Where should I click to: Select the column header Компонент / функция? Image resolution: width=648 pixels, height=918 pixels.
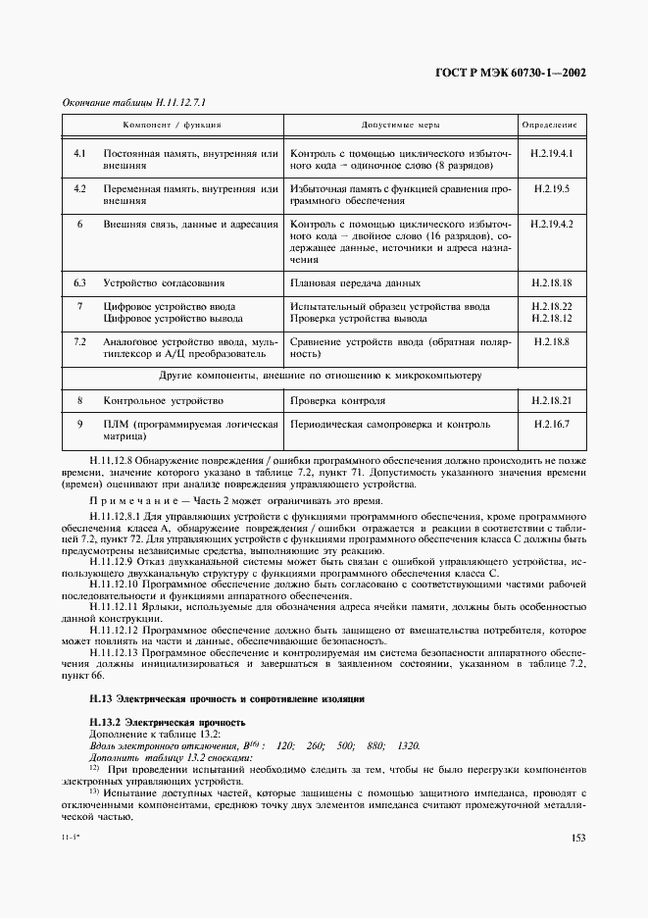pos(172,127)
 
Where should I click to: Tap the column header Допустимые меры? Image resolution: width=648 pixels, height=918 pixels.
pos(400,127)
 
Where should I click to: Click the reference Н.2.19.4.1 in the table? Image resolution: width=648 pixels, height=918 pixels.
pos(551,155)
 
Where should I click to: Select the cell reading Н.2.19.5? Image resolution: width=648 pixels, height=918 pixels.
pos(551,187)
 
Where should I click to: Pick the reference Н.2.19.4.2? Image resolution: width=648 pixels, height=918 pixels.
pos(551,225)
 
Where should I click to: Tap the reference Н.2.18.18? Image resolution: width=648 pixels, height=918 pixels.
pos(551,282)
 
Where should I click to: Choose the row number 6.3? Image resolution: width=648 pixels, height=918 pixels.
pos(81,282)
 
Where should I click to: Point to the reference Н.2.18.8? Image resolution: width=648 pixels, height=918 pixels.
pos(551,342)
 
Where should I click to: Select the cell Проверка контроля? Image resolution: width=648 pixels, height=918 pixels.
pos(338,400)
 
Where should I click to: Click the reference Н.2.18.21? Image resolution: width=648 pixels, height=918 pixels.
pos(551,400)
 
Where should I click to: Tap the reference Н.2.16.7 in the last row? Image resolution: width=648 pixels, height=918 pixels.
pos(551,425)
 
